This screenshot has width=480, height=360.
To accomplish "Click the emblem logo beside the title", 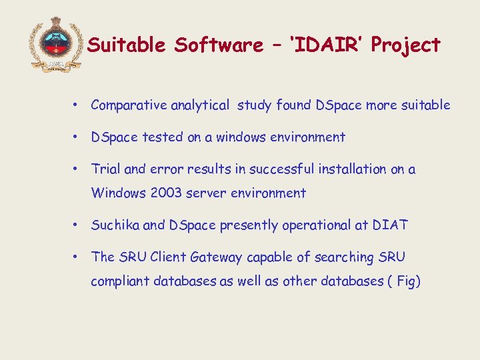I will pyautogui.click(x=55, y=43).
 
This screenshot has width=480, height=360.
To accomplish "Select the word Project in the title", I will pyautogui.click(x=406, y=45).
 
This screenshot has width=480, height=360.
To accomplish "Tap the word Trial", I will pyautogui.click(x=105, y=169).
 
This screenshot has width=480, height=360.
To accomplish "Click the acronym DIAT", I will pyautogui.click(x=391, y=225).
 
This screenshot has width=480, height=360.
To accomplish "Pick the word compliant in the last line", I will pyautogui.click(x=120, y=281).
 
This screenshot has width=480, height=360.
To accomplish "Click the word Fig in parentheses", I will pyautogui.click(x=405, y=281).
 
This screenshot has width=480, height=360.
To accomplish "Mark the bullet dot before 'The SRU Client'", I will pyautogui.click(x=78, y=257).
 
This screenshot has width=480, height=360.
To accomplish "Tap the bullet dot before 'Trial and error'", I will pyautogui.click(x=78, y=169).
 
